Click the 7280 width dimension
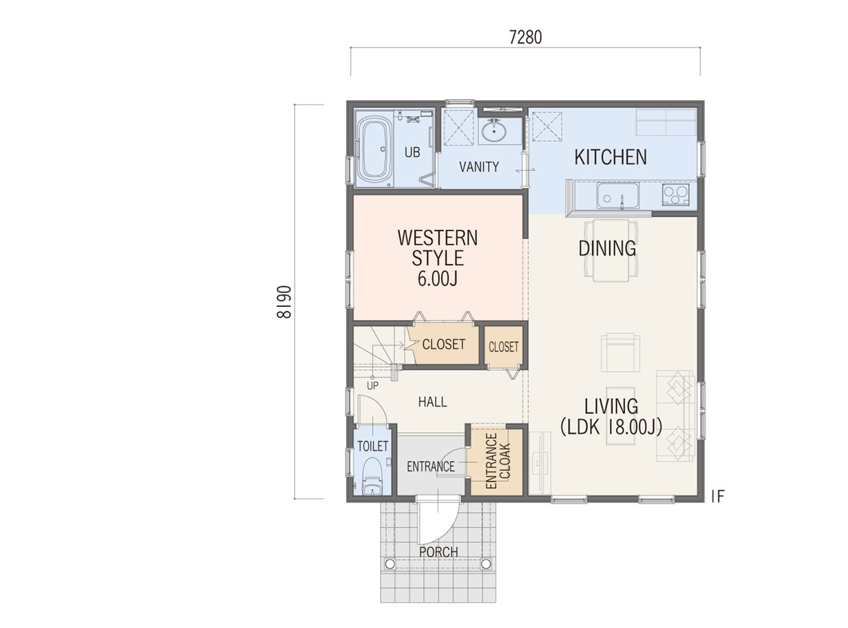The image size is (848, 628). pyautogui.click(x=525, y=37)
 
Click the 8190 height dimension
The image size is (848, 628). pyautogui.click(x=283, y=302)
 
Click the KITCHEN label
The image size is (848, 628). pyautogui.click(x=611, y=157)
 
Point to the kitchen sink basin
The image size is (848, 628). pyautogui.click(x=618, y=196)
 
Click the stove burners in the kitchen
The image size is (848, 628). pyautogui.click(x=676, y=194)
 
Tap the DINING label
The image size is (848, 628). pyautogui.click(x=607, y=248)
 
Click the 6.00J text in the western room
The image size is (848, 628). pyautogui.click(x=437, y=279)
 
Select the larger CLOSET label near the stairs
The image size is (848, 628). pyautogui.click(x=444, y=344)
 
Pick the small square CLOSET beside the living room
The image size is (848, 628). pyautogui.click(x=504, y=347)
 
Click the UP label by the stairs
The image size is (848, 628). pyautogui.click(x=372, y=385)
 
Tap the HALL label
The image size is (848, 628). pyautogui.click(x=432, y=402)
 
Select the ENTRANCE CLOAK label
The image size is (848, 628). pyautogui.click(x=497, y=460)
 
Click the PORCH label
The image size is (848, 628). pyautogui.click(x=439, y=552)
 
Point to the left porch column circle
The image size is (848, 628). pyautogui.click(x=389, y=564)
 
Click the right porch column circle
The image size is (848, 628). pyautogui.click(x=485, y=564)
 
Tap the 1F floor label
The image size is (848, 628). pyautogui.click(x=718, y=496)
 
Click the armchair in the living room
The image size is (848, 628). pyautogui.click(x=620, y=352)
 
